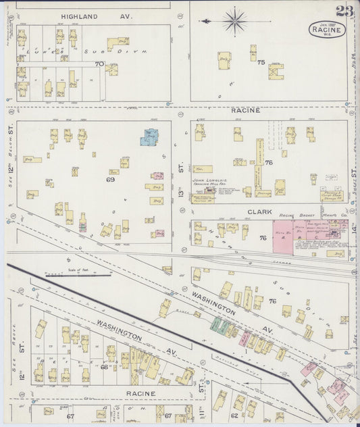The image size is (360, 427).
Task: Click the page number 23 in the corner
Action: (343, 11)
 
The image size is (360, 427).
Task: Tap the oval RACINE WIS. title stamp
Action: (328, 30)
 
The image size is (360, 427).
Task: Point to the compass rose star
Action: (234, 21)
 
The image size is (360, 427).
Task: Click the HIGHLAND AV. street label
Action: (88, 16)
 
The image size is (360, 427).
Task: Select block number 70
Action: (99, 64)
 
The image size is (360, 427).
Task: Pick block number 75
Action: (261, 61)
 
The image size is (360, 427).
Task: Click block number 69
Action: (110, 180)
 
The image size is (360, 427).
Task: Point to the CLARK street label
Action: (259, 211)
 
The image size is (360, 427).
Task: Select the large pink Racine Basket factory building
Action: (282, 236)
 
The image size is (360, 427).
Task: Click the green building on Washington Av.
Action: (220, 325)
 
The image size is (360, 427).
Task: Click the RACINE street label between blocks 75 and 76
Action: (245, 109)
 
